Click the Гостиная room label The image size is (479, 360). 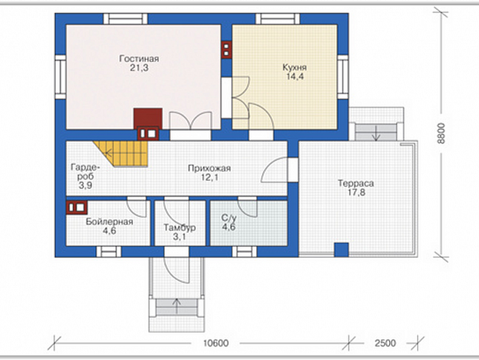pos(139,59)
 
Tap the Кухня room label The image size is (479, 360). pos(295,67)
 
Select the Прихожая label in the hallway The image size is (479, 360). pos(209,169)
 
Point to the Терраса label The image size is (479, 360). pos(356,184)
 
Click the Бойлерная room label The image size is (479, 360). pos(110,222)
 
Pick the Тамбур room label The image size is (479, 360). pos(180,228)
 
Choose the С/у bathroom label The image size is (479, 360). pos(229,218)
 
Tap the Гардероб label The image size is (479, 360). pos(85,172)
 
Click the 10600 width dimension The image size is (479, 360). pos(215,343)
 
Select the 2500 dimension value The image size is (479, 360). pos(385,343)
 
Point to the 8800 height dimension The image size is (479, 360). pos(441,133)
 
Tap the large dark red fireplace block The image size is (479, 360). pos(148,118)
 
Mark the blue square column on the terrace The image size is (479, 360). pos(341,250)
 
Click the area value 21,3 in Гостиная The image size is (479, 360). pos(139,68)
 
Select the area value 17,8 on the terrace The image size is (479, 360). pos(356,193)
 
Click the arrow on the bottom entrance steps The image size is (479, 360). pos(177,302)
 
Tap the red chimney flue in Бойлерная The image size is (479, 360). pos(76,207)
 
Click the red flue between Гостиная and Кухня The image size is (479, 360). pos(227,50)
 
